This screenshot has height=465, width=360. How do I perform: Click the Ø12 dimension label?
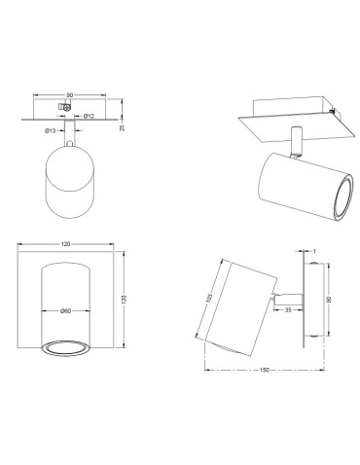tap(89, 117)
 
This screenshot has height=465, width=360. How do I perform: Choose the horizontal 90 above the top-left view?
tap(68, 94)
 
